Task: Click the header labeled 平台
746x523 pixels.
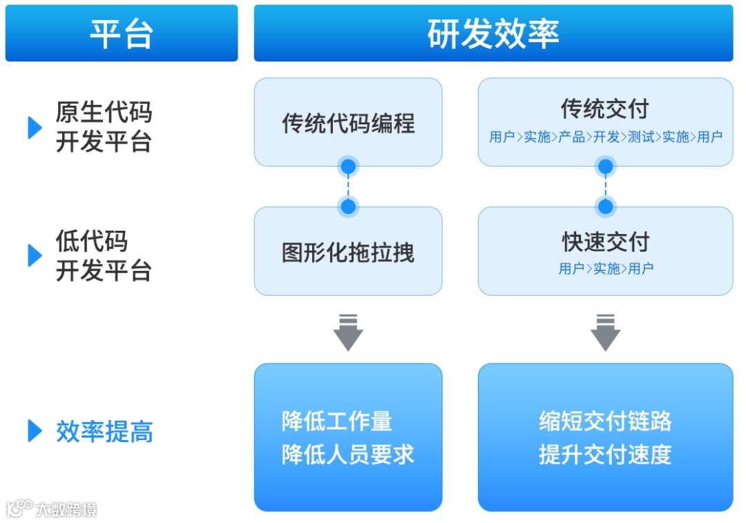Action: pos(121,33)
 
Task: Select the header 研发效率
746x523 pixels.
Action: pos(493,33)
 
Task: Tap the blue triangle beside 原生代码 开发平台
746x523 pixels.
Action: pos(35,127)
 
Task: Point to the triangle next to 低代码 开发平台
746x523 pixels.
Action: pos(35,255)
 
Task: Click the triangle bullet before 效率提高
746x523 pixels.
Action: pos(35,431)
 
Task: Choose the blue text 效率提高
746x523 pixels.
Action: pos(104,432)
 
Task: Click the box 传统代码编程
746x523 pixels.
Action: pos(348,123)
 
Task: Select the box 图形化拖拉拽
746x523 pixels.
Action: pos(348,252)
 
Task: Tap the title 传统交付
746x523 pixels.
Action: pos(605,109)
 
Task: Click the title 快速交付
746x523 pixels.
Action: pos(605,242)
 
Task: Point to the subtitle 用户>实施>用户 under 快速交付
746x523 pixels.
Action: pos(606,268)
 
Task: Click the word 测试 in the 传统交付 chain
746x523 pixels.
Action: pos(640,137)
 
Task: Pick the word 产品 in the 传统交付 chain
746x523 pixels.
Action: pos(571,137)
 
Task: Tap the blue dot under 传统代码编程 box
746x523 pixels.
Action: pos(348,167)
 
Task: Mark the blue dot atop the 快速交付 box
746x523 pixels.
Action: pos(605,206)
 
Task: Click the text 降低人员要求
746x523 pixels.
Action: pos(348,455)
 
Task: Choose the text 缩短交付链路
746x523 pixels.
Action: pos(605,421)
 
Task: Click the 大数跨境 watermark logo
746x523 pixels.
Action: pos(52,509)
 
